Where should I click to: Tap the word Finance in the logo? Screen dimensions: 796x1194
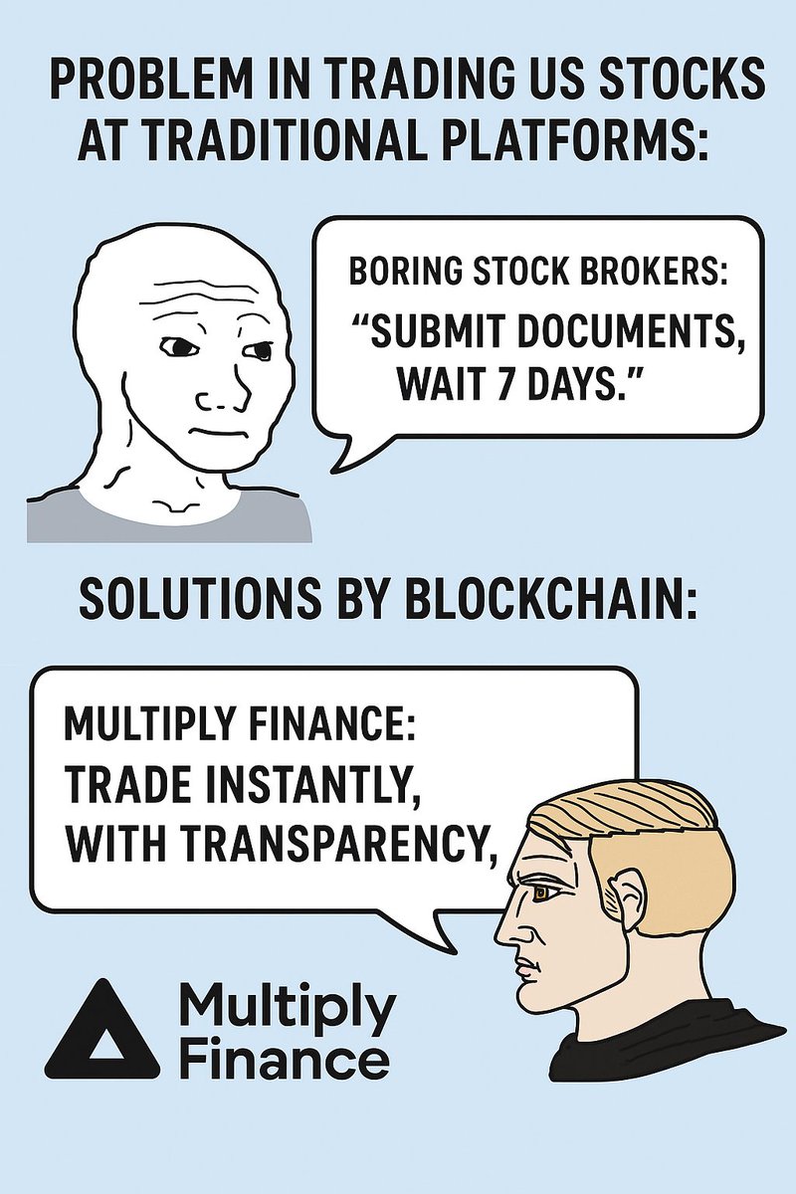(284, 1060)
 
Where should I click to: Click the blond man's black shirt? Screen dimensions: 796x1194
(657, 1045)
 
